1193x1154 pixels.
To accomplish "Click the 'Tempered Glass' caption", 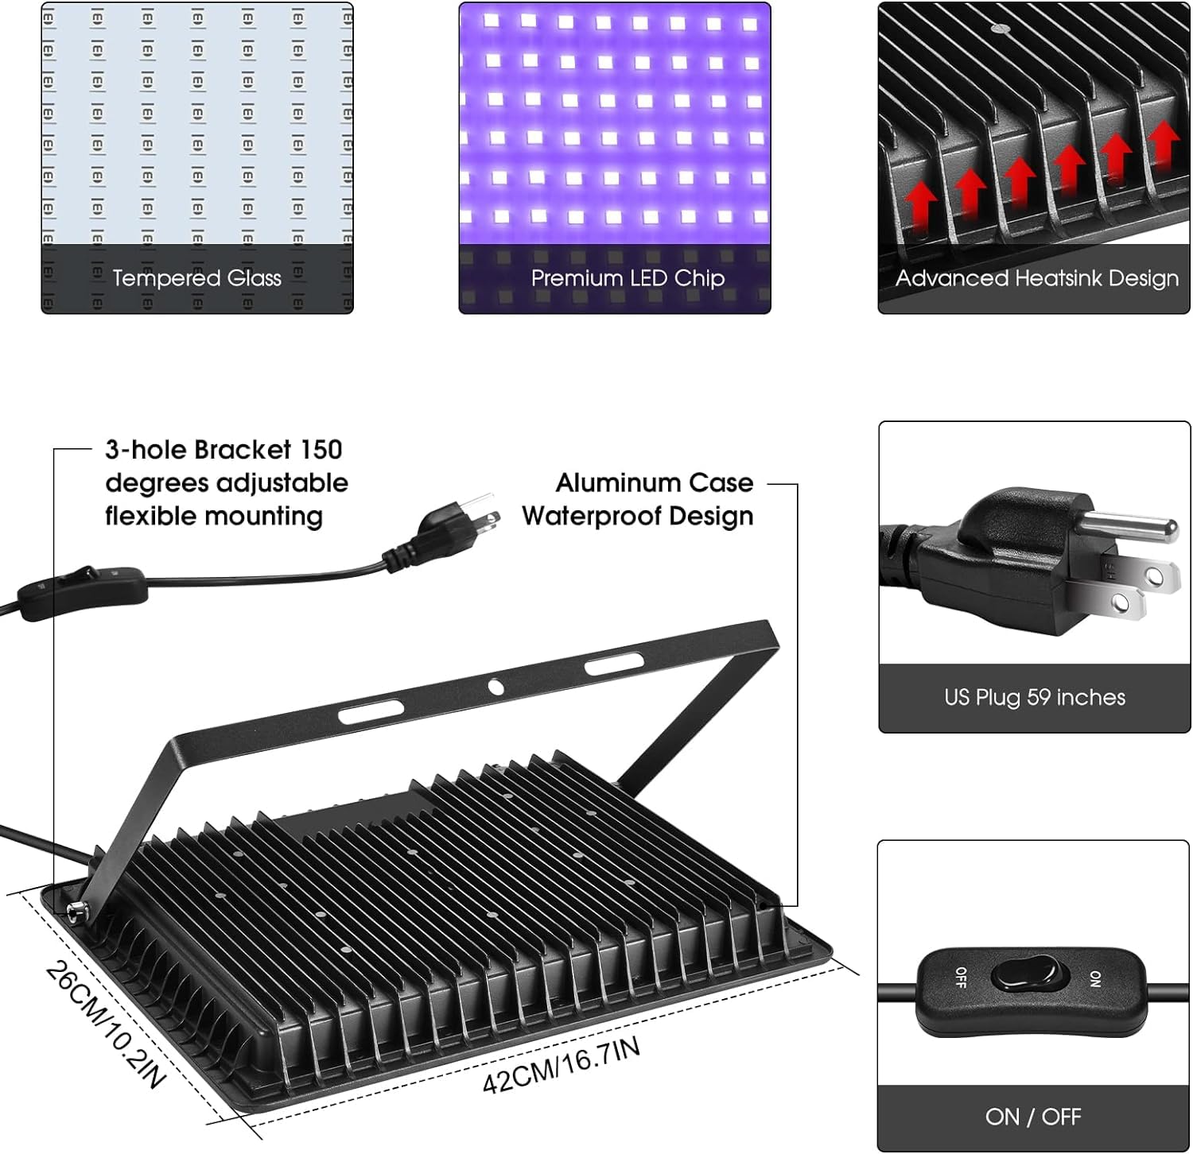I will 196,278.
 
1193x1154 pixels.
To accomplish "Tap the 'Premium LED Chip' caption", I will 627,278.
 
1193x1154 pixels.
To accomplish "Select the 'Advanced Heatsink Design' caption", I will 1036,278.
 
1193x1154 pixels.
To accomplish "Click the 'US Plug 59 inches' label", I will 1034,697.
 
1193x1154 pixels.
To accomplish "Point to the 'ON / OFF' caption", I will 1032,1117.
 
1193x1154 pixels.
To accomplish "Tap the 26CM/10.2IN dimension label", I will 106,1025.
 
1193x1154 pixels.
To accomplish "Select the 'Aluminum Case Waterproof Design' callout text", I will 638,499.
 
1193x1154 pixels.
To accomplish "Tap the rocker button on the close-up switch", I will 1025,978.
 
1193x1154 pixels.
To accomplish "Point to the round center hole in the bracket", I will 495,686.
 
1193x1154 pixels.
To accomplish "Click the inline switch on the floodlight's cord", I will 83,591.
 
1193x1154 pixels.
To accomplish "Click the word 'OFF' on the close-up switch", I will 961,978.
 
